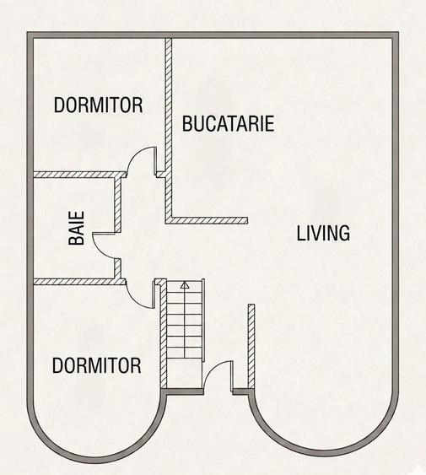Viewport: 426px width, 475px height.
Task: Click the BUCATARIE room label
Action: [x=228, y=123]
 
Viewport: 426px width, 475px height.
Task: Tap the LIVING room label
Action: [x=323, y=233]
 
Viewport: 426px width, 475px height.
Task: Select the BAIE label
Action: [x=76, y=228]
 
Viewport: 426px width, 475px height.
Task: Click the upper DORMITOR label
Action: [x=98, y=105]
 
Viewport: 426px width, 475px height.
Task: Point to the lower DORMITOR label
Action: [x=97, y=365]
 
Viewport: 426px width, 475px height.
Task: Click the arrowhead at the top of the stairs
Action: [x=185, y=285]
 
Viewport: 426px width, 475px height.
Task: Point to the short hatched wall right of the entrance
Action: [x=251, y=346]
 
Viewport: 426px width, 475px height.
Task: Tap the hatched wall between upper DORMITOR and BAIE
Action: [x=79, y=175]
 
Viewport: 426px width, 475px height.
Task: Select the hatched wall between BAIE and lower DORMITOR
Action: [x=79, y=282]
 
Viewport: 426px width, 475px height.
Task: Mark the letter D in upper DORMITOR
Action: [x=59, y=105]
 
